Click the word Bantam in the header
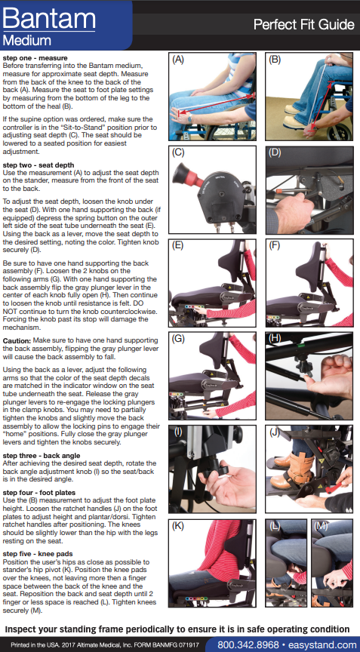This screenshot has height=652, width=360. (x=49, y=18)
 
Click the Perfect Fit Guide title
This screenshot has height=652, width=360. (x=303, y=25)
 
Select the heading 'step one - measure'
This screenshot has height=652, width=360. (x=35, y=58)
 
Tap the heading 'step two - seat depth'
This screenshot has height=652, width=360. (x=38, y=165)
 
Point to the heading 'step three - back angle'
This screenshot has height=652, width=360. (x=42, y=456)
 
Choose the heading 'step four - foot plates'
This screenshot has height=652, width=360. (x=39, y=493)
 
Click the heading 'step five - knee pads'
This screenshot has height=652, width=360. (x=38, y=554)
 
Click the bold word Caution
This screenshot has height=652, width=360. (x=17, y=341)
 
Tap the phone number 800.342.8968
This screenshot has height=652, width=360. (x=248, y=645)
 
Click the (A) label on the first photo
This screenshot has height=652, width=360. (x=178, y=60)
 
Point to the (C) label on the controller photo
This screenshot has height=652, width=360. (x=178, y=152)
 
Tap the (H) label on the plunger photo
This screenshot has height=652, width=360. (x=275, y=338)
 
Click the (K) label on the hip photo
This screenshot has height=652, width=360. (x=178, y=525)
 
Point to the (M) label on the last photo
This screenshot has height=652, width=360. (x=322, y=525)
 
